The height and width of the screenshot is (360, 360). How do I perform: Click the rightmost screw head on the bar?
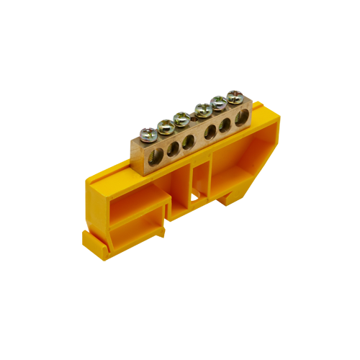[235, 96]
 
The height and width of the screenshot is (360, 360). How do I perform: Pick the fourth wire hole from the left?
[210, 132]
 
